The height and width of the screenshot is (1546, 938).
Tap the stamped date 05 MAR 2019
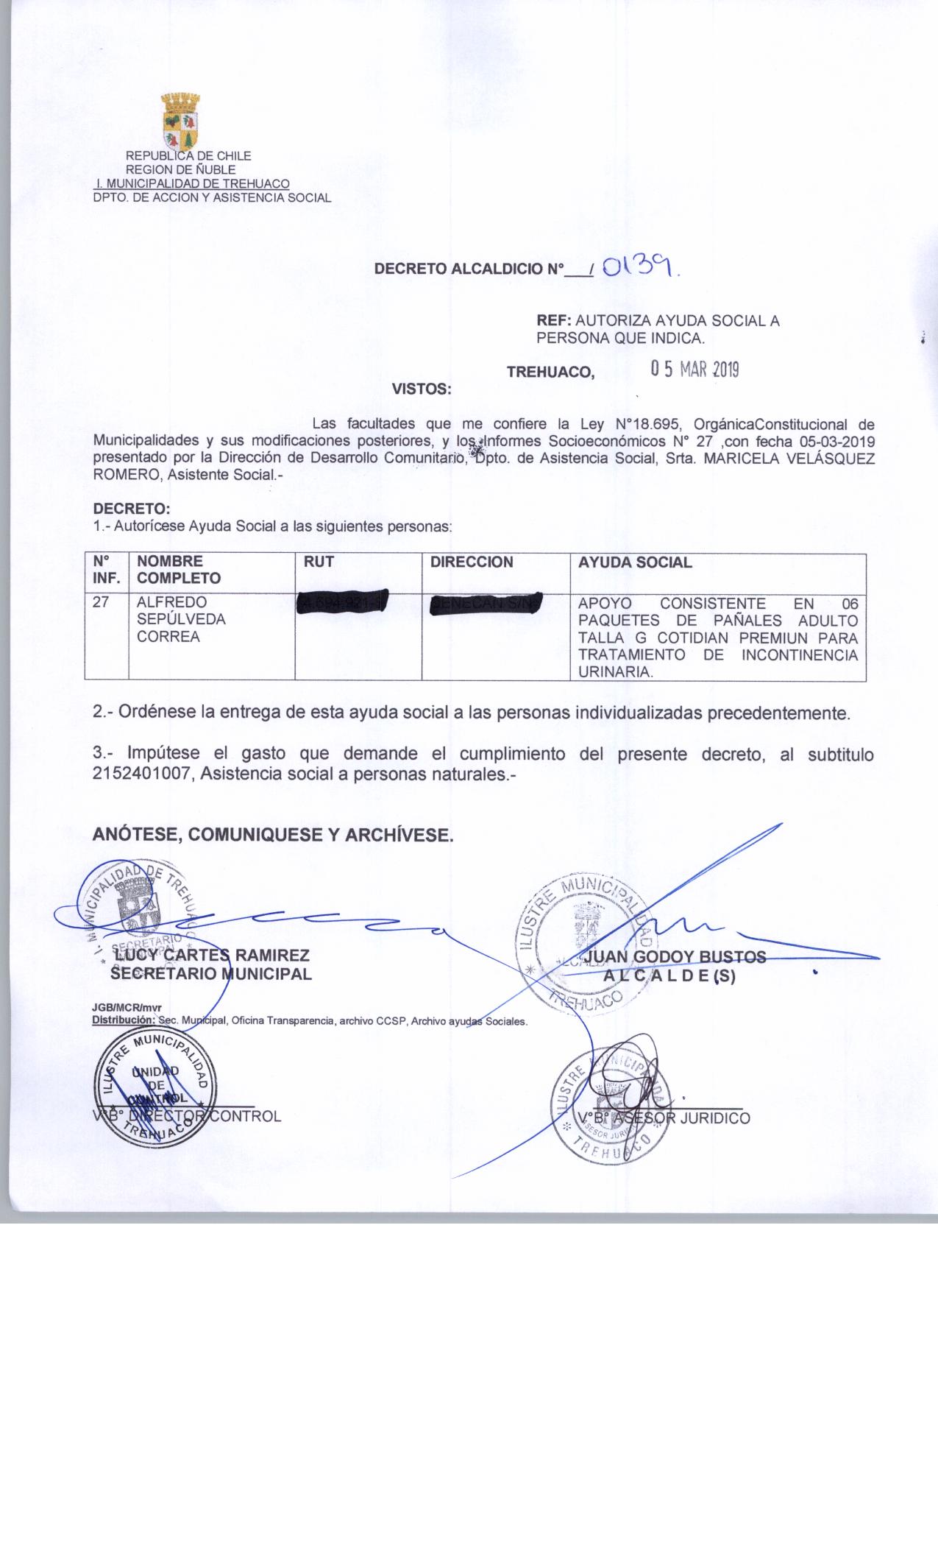point(694,370)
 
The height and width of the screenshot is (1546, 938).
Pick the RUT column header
point(319,562)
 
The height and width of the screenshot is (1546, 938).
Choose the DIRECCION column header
point(472,562)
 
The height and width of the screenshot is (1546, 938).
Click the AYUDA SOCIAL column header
point(635,562)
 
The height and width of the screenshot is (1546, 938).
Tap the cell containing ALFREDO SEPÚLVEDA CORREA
point(181,619)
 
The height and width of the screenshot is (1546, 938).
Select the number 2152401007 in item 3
point(143,774)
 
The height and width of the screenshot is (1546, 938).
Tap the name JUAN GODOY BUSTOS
point(674,957)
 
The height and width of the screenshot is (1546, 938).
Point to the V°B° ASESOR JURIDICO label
point(664,1118)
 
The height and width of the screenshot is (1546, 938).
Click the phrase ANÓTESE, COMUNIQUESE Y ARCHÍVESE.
point(273,835)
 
